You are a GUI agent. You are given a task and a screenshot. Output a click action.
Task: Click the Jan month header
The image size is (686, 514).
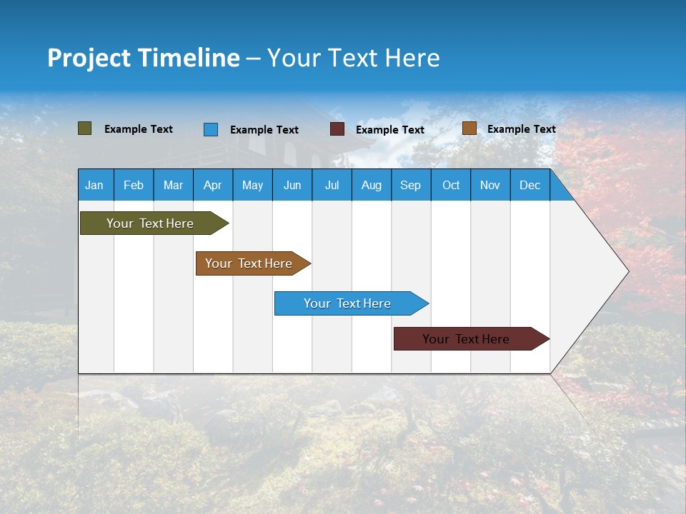click(94, 185)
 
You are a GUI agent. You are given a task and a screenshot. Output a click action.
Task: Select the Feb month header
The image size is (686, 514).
click(134, 185)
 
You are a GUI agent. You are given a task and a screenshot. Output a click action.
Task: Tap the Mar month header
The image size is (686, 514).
click(173, 185)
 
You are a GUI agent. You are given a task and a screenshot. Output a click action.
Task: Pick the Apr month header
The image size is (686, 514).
click(213, 185)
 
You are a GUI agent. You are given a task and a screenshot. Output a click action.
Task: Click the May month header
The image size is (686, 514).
click(252, 185)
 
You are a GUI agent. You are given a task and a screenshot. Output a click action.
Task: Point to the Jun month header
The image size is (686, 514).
click(292, 185)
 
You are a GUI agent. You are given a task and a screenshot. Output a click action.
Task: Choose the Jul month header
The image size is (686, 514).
click(332, 185)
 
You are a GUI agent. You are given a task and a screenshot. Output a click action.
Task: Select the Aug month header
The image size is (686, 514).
click(372, 185)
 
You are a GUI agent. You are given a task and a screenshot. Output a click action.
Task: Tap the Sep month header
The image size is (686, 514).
click(411, 185)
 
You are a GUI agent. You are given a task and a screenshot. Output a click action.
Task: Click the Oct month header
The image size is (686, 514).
click(451, 185)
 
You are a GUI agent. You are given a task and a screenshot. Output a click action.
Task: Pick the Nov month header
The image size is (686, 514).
click(490, 185)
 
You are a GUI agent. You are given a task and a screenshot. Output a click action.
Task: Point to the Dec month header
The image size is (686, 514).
click(530, 185)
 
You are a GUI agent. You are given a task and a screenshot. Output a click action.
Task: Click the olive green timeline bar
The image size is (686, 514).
click(150, 223)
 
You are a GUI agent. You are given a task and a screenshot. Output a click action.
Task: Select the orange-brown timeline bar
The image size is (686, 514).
click(249, 263)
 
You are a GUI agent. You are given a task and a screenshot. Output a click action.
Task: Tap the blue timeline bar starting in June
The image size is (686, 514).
click(347, 303)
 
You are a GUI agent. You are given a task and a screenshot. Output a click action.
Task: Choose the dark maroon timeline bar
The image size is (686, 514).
click(466, 339)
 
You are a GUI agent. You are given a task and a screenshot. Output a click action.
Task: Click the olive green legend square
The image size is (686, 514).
click(85, 128)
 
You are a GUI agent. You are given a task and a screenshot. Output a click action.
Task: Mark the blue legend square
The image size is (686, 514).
click(211, 129)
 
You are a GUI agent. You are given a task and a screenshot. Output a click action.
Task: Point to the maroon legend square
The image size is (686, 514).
click(337, 129)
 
